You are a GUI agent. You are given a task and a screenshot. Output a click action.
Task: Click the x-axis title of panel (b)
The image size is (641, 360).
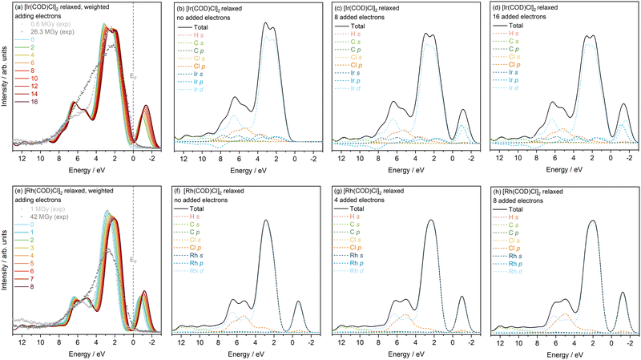coord(240,168)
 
